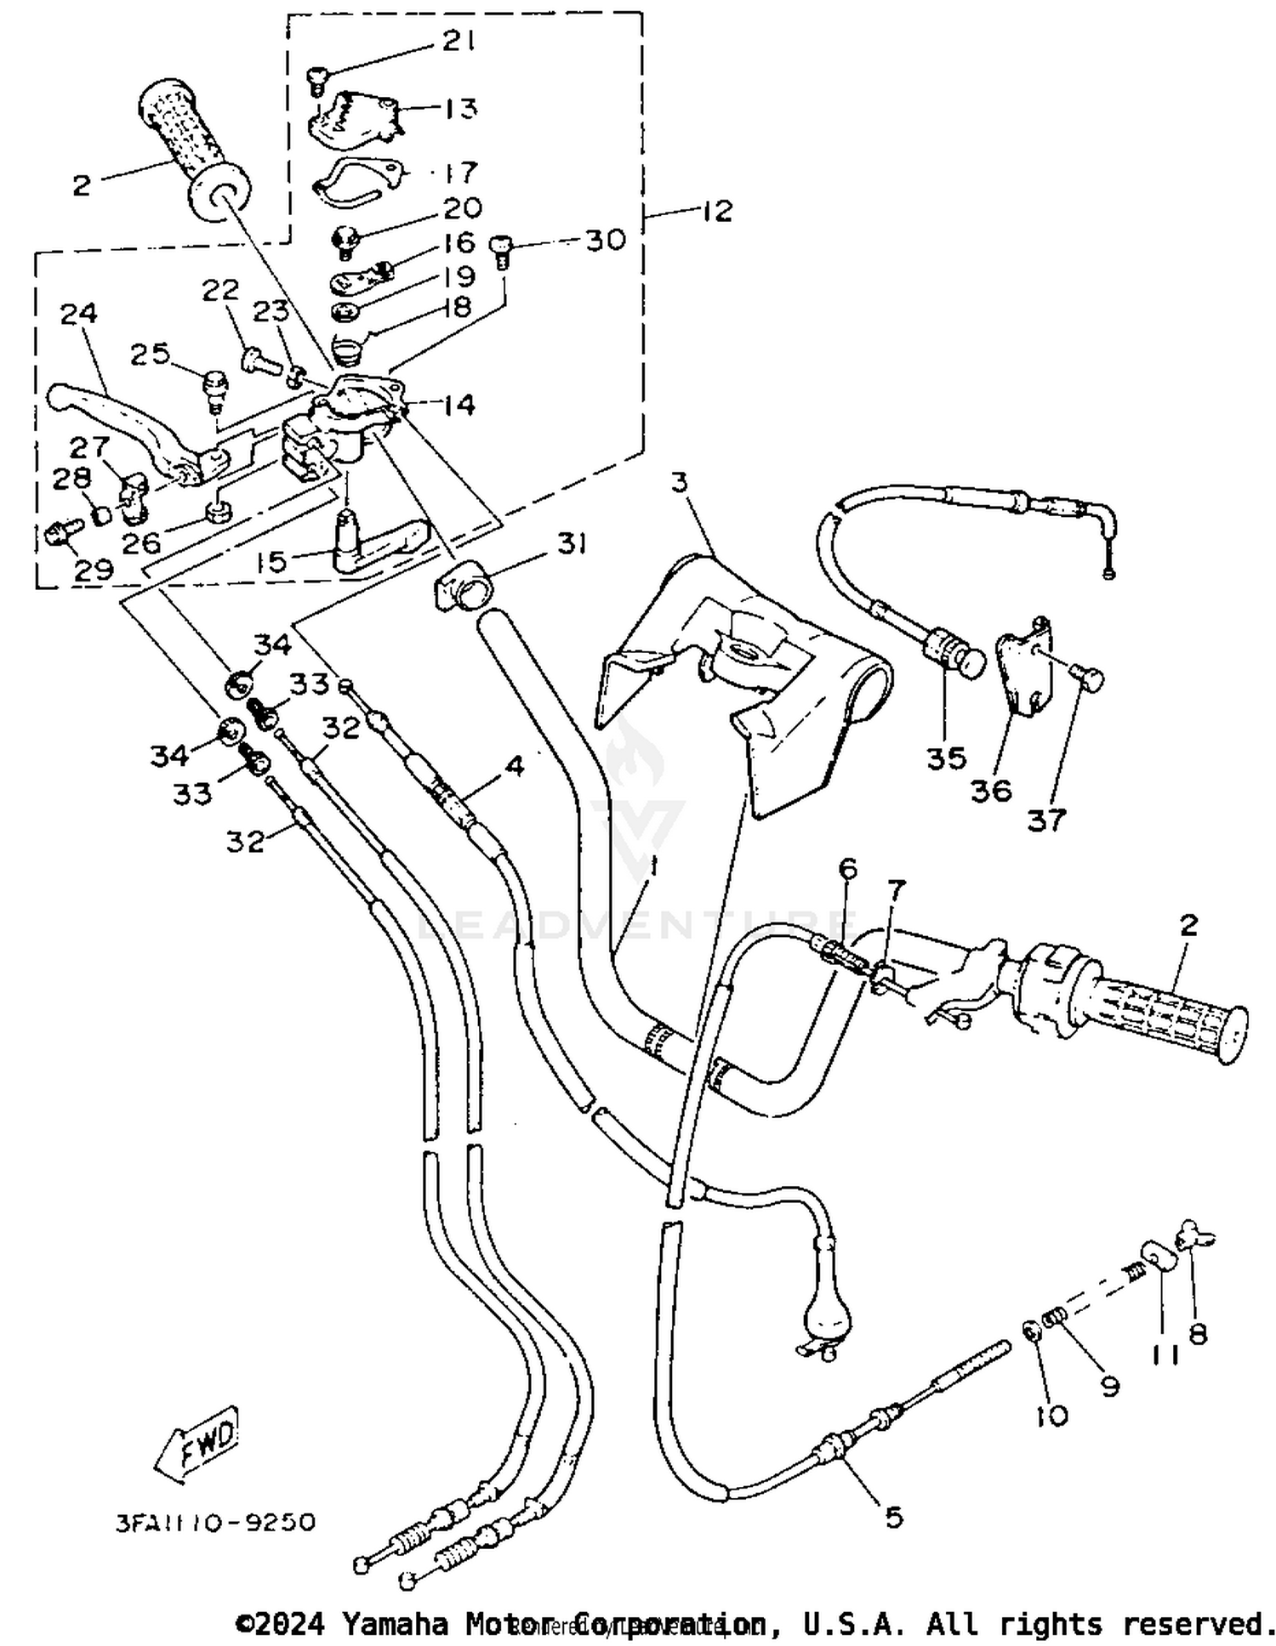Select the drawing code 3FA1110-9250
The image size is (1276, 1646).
pos(215,1521)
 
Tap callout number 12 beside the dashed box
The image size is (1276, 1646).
pos(717,210)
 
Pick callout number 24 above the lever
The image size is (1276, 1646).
pos(78,313)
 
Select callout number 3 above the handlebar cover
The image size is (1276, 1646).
pos(678,482)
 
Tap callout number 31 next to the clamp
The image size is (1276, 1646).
pos(571,542)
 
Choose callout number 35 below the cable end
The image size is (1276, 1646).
pos(946,757)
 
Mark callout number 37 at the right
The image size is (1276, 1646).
pos(1046,820)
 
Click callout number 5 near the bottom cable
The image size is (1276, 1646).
pos(893,1517)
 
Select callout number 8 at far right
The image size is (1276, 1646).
pos(1198,1334)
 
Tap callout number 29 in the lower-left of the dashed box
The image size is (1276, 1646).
pos(94,569)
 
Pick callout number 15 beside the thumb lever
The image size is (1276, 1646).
pos(272,562)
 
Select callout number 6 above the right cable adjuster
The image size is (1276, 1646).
pos(847,869)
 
